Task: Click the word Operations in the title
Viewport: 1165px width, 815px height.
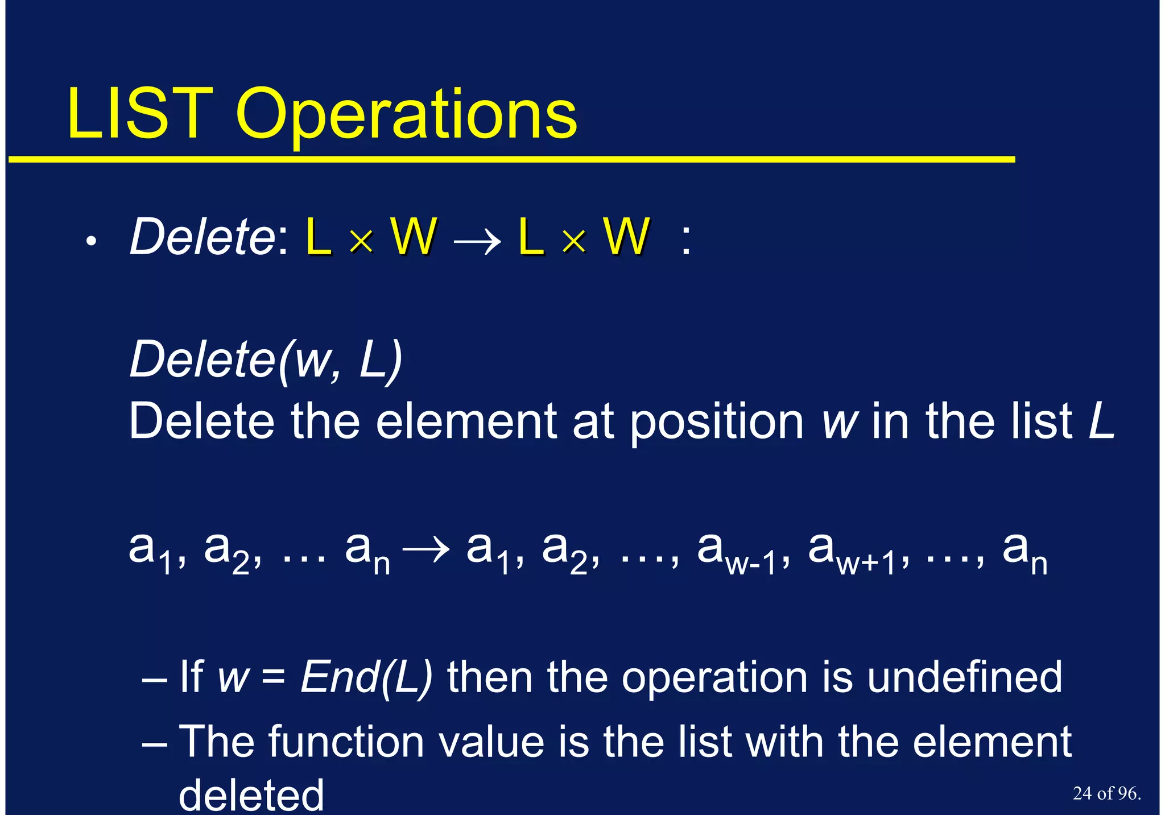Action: pos(406,117)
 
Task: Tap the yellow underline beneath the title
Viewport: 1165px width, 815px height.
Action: pos(512,160)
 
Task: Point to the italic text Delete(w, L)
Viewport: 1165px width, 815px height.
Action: pos(266,359)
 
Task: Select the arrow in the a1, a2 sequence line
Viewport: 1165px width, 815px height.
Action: pos(425,550)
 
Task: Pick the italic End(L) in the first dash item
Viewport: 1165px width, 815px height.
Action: pos(366,677)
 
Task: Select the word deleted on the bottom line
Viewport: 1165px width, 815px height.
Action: pos(251,795)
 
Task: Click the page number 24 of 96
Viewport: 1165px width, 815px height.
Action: pos(1106,793)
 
